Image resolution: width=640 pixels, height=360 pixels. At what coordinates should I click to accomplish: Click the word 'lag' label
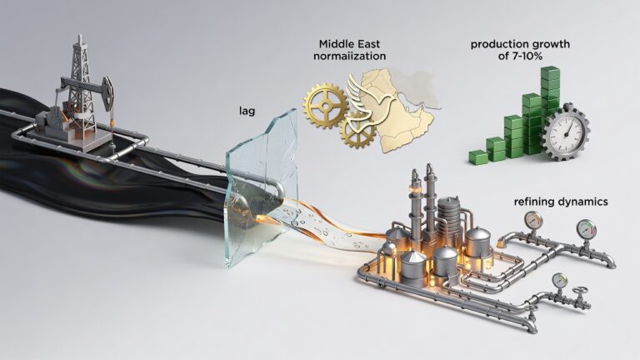(247, 111)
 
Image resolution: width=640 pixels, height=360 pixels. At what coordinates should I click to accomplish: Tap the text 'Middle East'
(349, 43)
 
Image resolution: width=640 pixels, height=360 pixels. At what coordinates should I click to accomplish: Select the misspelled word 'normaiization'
(349, 56)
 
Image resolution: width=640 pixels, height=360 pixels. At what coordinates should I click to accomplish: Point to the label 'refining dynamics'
(561, 202)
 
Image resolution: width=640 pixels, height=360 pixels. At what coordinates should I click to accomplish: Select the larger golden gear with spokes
(325, 107)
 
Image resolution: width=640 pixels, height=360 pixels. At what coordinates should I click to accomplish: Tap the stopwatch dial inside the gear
(566, 132)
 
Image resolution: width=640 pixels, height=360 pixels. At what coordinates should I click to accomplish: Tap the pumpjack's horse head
(108, 93)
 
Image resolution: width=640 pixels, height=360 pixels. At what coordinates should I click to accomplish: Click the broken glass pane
(262, 188)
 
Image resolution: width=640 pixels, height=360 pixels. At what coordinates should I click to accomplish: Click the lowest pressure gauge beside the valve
(559, 281)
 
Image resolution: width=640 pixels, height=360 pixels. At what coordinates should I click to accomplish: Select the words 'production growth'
(520, 44)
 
